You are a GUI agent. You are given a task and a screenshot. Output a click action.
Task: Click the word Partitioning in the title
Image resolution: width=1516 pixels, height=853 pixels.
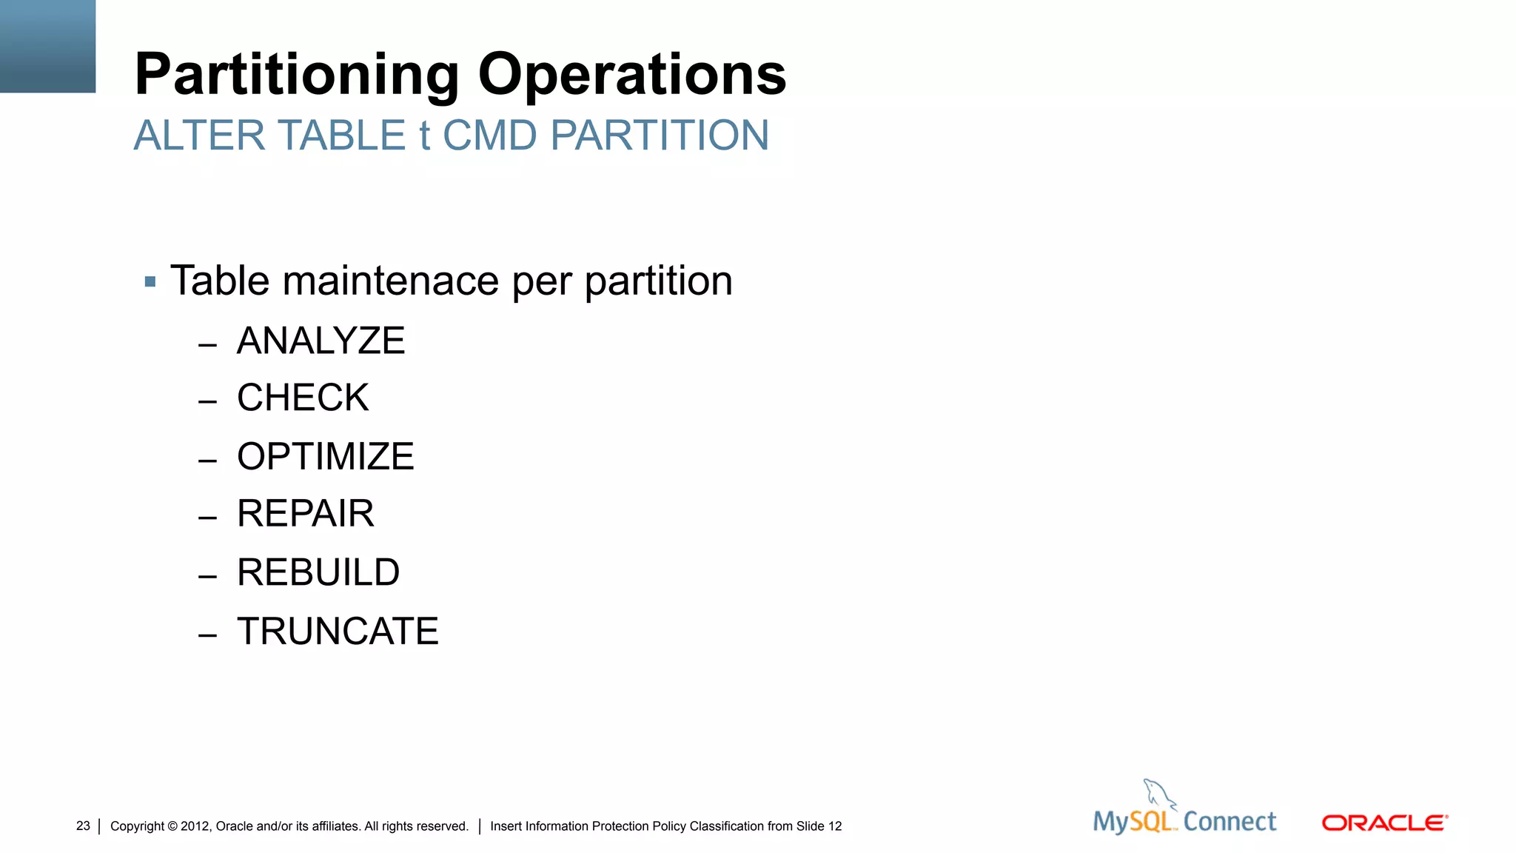297,75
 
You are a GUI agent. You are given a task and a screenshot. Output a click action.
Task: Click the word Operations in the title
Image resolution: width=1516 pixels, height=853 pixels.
632,75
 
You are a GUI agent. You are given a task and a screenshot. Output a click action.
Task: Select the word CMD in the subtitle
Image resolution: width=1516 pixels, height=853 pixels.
489,136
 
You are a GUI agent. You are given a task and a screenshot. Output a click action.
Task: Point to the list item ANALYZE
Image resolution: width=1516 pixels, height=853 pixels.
321,341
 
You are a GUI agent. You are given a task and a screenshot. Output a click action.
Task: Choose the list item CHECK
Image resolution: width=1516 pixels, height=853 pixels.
303,398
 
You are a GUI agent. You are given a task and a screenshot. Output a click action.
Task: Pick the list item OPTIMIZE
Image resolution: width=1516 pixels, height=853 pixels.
325,456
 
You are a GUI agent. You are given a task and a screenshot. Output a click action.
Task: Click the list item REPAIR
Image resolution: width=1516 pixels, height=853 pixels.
305,513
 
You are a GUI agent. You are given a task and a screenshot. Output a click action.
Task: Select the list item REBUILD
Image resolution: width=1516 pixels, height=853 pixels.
318,572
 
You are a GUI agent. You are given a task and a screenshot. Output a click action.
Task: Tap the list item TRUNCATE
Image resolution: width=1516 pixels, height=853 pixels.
338,631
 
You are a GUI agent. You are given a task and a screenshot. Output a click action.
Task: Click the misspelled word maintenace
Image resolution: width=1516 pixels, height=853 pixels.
391,281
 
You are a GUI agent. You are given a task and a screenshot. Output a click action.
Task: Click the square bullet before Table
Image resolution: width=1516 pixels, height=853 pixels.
150,281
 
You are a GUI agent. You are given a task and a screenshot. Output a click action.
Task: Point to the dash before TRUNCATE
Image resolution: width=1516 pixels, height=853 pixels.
207,635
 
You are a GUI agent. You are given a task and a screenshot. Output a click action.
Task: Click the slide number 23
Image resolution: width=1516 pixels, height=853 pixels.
83,826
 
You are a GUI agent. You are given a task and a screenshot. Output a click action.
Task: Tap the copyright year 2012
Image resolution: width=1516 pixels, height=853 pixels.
195,826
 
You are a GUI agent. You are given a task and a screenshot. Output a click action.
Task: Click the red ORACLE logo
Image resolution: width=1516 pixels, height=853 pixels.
1384,823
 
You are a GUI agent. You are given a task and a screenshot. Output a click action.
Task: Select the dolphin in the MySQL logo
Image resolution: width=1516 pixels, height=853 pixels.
1158,794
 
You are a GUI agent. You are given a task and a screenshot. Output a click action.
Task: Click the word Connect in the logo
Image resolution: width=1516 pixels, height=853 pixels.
1230,821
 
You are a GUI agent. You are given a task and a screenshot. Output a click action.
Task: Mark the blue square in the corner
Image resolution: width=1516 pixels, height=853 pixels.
47,46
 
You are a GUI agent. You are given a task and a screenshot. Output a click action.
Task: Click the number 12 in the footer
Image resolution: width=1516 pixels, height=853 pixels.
835,826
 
